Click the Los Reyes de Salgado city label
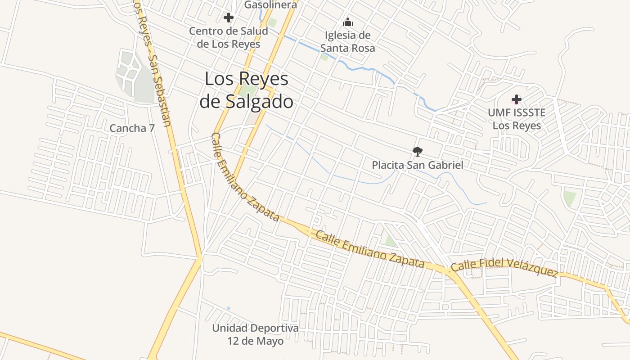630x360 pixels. point(246,90)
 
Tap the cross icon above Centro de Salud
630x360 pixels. point(229,18)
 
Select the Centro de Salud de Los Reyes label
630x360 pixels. point(229,38)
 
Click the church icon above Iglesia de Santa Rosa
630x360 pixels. point(347,22)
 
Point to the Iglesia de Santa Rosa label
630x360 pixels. point(347,41)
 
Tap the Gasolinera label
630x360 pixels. point(270,5)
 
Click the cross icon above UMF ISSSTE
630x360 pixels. point(516,99)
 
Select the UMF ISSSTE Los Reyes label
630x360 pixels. point(517,119)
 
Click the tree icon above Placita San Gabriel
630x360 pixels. point(417,151)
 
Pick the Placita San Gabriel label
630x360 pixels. point(417,165)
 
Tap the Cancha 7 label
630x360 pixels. point(132,128)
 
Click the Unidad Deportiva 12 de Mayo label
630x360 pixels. point(255,334)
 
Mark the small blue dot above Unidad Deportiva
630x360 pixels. point(229,308)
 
